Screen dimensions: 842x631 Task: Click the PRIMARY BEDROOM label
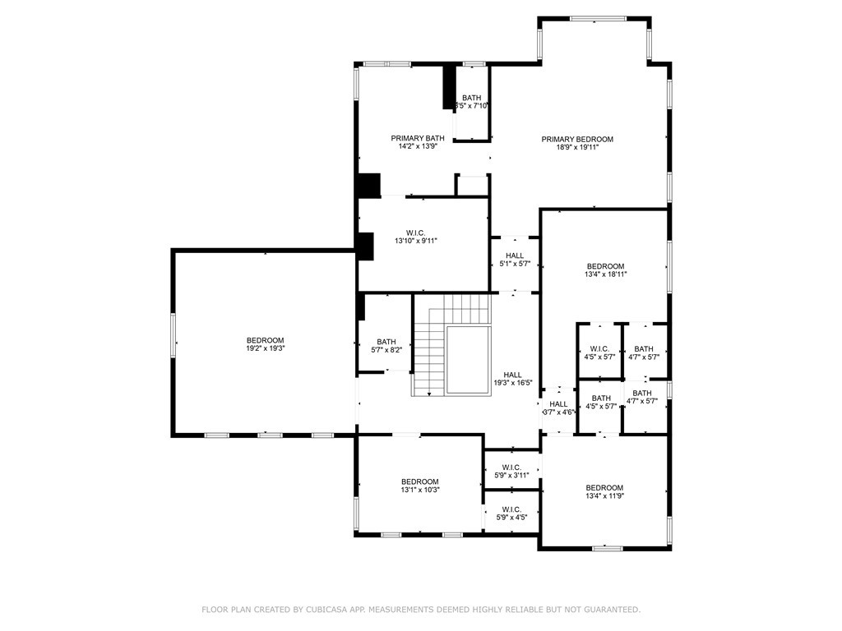point(576,140)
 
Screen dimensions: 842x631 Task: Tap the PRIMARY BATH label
point(417,138)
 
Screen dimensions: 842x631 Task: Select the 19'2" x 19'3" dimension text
point(266,348)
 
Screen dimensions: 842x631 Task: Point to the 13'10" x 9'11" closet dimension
point(415,241)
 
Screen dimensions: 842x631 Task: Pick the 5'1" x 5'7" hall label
point(515,260)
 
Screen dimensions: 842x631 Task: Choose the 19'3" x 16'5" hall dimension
point(513,383)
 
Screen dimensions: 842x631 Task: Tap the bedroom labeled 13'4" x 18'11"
point(606,269)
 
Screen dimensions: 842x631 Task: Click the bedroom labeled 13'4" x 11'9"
point(604,491)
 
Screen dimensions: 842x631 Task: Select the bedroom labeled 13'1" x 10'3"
point(420,486)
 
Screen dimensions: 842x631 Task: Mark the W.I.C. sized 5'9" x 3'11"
point(511,471)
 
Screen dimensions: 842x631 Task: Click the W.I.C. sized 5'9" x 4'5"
point(511,513)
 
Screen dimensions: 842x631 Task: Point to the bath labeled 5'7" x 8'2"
point(386,346)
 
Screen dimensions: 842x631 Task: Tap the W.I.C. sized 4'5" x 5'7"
point(599,352)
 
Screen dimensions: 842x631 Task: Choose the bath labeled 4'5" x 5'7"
point(601,402)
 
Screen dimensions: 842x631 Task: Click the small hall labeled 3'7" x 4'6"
point(558,408)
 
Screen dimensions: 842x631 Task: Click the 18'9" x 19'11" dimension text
point(577,147)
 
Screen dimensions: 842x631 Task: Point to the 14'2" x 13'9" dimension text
point(414,146)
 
